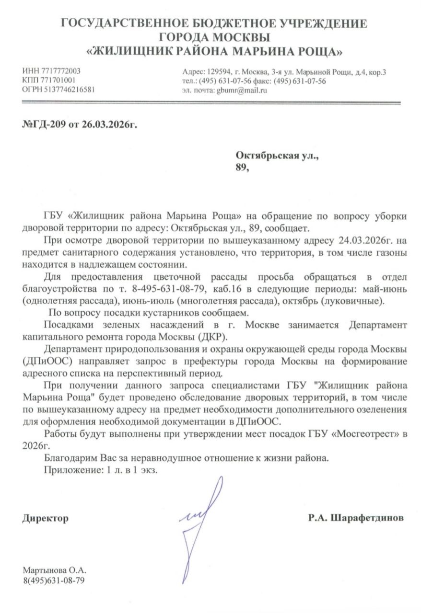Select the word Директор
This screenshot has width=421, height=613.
(45, 518)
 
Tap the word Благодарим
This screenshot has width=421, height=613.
(70, 458)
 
